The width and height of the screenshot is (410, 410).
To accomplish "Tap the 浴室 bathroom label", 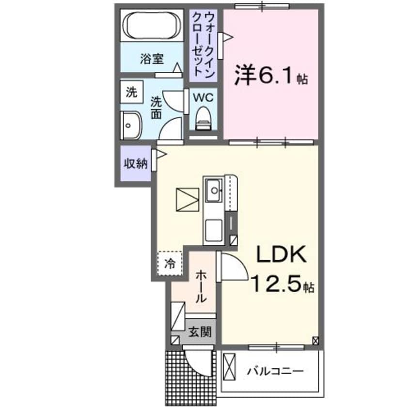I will [x=152, y=60].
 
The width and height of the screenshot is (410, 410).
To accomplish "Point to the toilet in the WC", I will [x=203, y=118].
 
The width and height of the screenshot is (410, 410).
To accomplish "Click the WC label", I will [x=203, y=97].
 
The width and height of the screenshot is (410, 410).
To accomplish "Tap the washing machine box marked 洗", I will [x=132, y=92].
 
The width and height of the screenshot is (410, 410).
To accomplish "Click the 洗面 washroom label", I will [x=156, y=108].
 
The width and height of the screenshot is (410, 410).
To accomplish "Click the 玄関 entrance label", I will [x=200, y=332].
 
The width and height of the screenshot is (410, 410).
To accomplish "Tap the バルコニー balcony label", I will [x=276, y=372].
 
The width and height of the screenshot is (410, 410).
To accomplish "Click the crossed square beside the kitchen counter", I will [x=188, y=199].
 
